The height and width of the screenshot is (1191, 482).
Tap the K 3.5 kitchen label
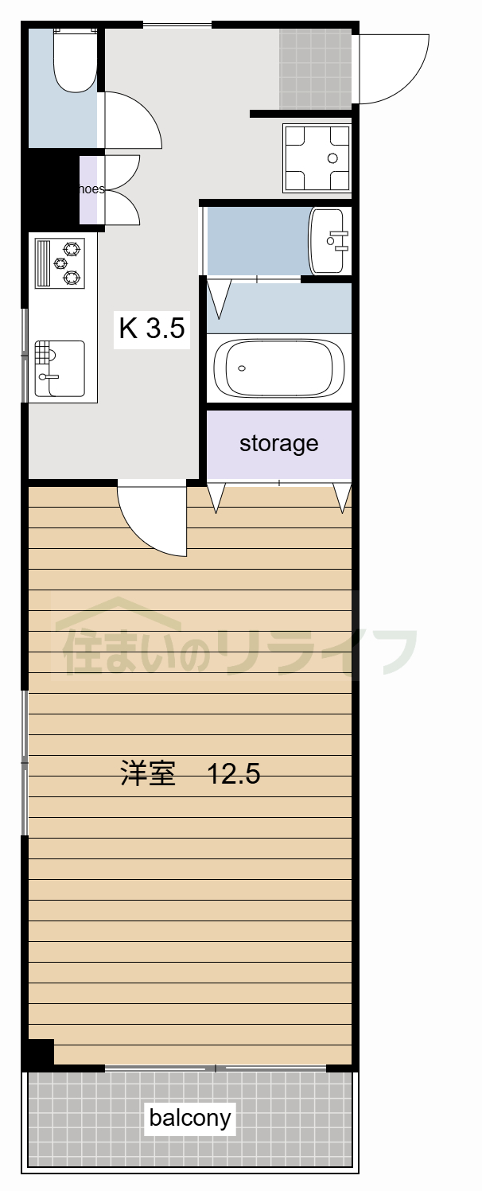tap(152, 328)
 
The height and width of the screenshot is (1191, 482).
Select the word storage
tap(278, 443)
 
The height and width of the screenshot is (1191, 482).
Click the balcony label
tap(190, 1118)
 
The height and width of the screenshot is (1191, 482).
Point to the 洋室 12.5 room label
tap(190, 773)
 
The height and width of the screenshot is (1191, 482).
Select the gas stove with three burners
tap(60, 263)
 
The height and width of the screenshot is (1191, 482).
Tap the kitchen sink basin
tap(60, 368)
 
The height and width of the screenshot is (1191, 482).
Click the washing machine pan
tap(317, 158)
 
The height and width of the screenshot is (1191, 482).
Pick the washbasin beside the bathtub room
tap(328, 240)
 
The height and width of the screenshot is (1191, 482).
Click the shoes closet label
tap(91, 189)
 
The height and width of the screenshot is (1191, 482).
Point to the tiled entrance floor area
tap(315, 68)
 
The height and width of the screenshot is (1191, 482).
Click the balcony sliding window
tap(215, 1068)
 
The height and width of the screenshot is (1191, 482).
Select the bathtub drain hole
tap(242, 368)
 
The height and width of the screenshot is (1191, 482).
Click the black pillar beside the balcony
tap(38, 1053)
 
